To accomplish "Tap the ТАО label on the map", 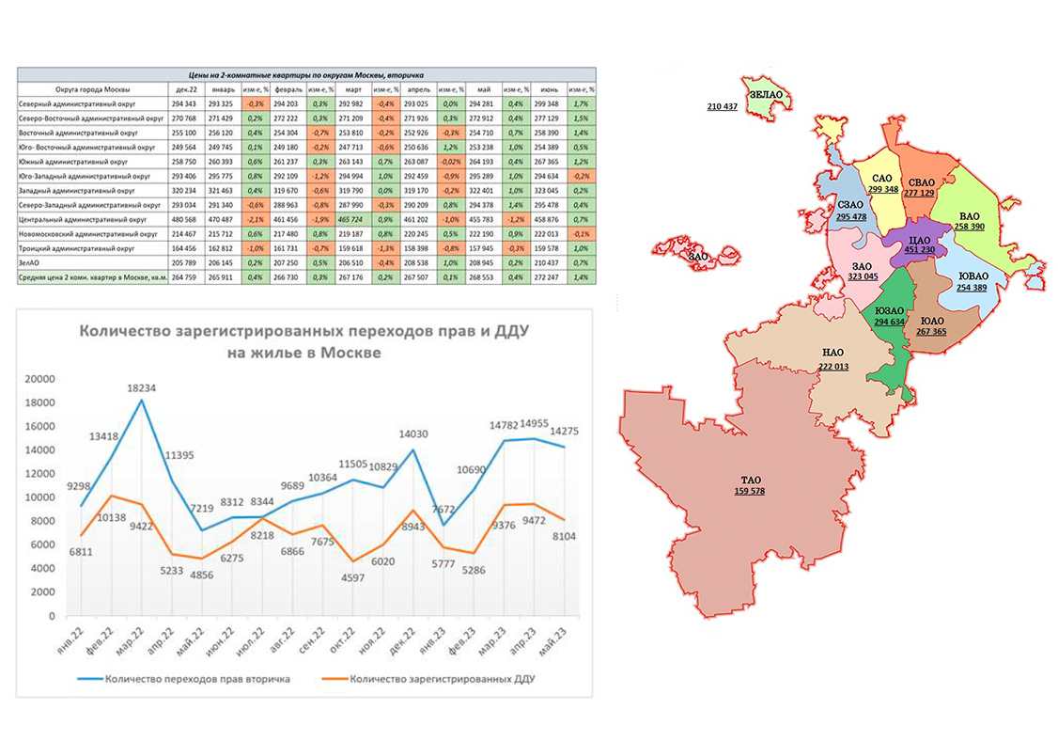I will coord(749,480).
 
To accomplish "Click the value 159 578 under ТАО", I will coord(749,491).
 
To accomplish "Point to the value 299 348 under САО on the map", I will coord(882,189).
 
